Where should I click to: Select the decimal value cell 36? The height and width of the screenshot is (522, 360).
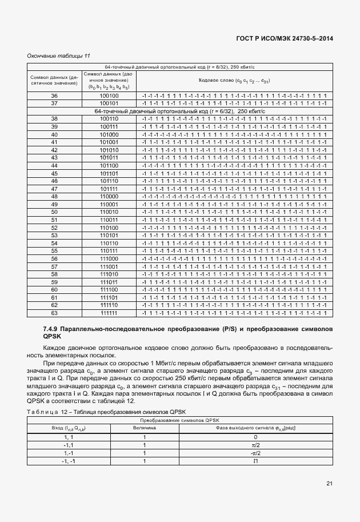point(54,95)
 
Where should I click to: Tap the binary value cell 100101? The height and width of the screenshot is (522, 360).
point(109,103)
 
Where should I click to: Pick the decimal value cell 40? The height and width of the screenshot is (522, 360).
point(54,134)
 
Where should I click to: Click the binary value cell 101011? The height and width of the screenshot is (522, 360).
point(109,158)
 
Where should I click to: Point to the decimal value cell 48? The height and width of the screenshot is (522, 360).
point(54,197)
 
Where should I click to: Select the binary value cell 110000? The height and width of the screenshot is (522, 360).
point(109,197)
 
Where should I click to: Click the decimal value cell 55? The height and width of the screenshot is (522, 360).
point(54,251)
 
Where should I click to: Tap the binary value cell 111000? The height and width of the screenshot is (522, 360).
point(109,259)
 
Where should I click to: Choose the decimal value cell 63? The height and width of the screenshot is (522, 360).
point(54,313)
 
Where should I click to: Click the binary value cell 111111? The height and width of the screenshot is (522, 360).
point(109,313)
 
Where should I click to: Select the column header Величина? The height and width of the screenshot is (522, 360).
point(144,428)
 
